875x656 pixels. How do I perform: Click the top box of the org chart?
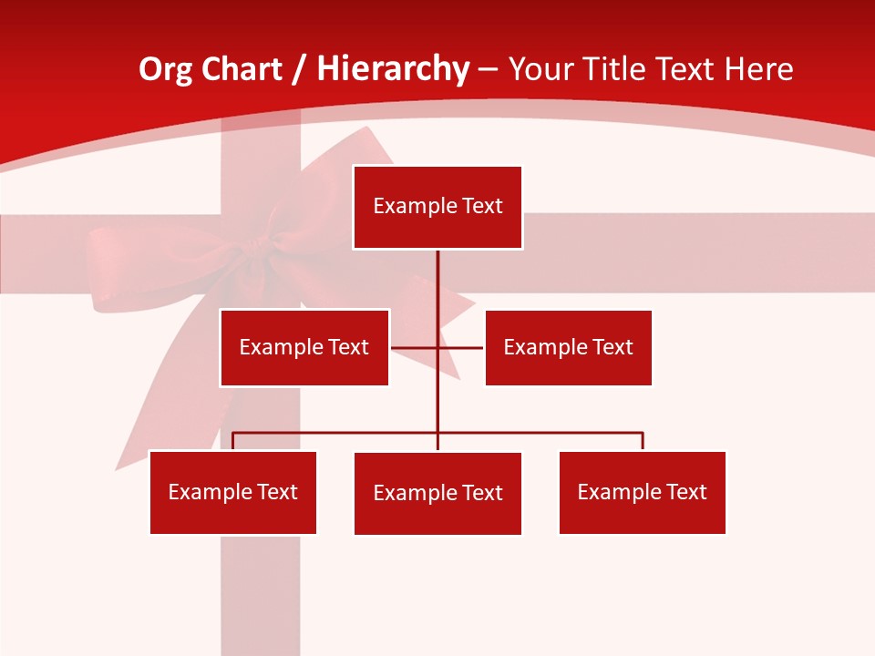[437, 207]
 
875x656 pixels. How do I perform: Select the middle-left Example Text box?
[304, 347]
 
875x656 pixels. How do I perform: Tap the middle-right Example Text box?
[568, 347]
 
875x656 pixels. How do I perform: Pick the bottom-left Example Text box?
[233, 492]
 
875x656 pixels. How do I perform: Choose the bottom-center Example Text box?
[437, 493]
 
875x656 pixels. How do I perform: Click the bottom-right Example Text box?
[642, 492]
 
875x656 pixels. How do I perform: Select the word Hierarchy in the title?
[393, 69]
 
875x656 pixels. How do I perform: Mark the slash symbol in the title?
[300, 69]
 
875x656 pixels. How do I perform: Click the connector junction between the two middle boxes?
[437, 347]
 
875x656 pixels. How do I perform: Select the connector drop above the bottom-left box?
[233, 441]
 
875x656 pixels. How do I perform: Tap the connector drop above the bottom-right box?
[643, 441]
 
